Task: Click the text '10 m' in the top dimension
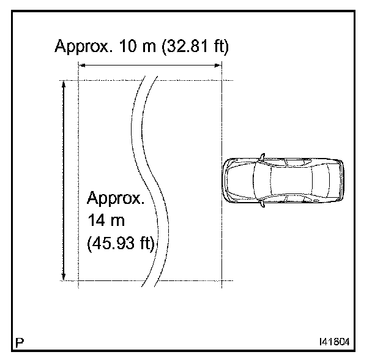(x=138, y=45)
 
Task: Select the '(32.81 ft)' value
(x=195, y=46)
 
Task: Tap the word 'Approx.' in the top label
(x=83, y=47)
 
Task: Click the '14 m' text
(x=106, y=220)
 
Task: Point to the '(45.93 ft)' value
(x=121, y=244)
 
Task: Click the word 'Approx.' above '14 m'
(x=116, y=198)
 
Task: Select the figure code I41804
(x=335, y=342)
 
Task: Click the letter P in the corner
(x=20, y=342)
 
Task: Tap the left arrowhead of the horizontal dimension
(x=82, y=66)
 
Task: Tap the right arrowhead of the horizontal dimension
(x=218, y=66)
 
